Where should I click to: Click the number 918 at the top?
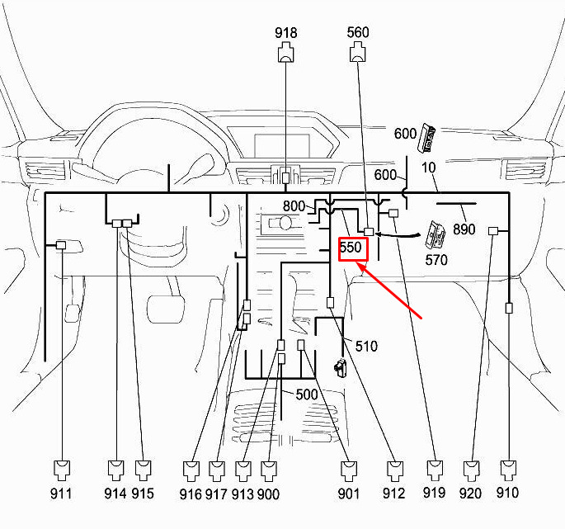(x=286, y=33)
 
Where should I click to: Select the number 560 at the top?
(x=358, y=33)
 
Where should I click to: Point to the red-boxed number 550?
(x=351, y=248)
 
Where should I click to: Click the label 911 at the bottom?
(x=60, y=494)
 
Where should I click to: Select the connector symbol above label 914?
(x=116, y=470)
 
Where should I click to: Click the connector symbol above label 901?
(x=350, y=470)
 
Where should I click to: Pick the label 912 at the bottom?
(x=393, y=494)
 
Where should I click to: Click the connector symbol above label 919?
(x=436, y=470)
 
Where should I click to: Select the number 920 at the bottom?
(x=470, y=494)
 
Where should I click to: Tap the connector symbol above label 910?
(x=508, y=470)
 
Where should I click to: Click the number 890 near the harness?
(x=464, y=229)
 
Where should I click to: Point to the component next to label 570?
(x=436, y=235)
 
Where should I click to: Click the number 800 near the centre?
(x=294, y=206)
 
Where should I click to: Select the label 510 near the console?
(x=365, y=347)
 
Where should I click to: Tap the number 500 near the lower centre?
(x=306, y=394)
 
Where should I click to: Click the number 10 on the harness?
(x=428, y=168)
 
